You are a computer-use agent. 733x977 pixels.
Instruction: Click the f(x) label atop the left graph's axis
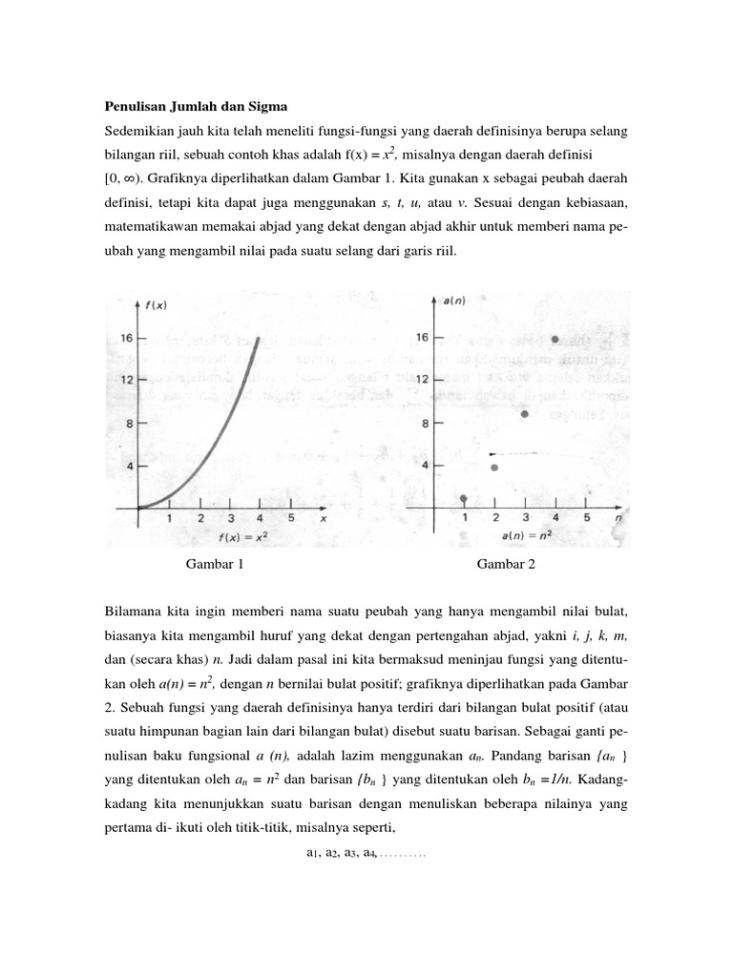pos(156,305)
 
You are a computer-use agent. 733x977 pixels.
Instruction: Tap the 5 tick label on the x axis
pos(290,519)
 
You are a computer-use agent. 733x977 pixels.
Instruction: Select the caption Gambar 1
pos(215,564)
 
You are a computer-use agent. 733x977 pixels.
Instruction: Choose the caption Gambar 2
pos(507,564)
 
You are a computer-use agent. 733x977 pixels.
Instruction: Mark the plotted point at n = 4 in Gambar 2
pos(555,340)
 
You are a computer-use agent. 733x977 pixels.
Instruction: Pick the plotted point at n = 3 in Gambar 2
pos(524,414)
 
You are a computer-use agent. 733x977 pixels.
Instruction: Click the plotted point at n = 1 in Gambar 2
pos(464,499)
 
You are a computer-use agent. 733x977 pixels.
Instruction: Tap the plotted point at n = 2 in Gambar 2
pos(493,468)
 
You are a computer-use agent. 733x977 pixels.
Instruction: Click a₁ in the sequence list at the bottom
pos(312,854)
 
